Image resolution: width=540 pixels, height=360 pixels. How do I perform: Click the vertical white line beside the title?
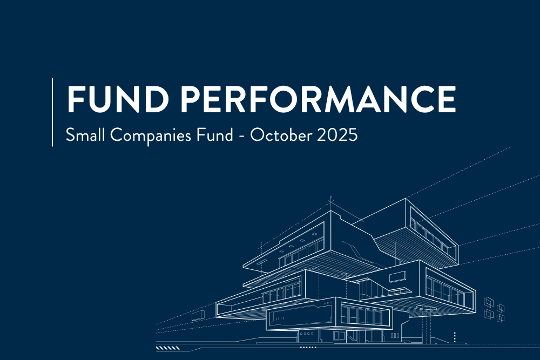pyautogui.click(x=52, y=112)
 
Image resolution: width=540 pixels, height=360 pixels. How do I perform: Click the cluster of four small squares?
pyautogui.click(x=495, y=308)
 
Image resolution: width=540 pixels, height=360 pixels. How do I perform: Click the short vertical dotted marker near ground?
pyautogui.click(x=455, y=337)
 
